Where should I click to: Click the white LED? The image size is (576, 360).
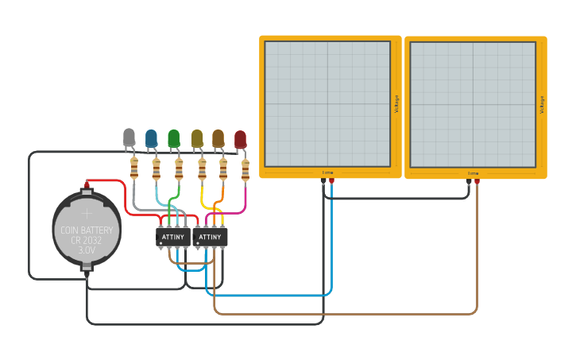click(130, 137)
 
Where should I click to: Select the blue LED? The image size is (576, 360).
click(151, 138)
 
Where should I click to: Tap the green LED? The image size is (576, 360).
click(174, 138)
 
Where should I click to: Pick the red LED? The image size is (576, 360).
click(240, 139)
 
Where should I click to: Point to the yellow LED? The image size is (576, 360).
click(197, 138)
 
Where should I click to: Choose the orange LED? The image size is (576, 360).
click(218, 138)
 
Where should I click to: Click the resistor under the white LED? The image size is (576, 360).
click(133, 168)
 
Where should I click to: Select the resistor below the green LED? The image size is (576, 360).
click(179, 168)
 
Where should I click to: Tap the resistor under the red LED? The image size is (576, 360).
click(245, 169)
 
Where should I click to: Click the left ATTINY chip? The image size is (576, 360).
click(173, 237)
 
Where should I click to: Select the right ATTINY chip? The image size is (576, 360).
click(210, 237)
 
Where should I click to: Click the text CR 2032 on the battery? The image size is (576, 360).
click(87, 240)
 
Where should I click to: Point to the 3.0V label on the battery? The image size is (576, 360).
click(87, 250)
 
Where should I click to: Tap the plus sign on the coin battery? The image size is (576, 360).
click(87, 212)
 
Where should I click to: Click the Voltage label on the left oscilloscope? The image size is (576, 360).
click(396, 103)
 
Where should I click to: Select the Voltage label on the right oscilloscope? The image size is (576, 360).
click(542, 103)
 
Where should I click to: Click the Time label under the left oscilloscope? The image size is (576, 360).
click(327, 172)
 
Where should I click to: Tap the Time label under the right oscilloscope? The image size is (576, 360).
click(473, 172)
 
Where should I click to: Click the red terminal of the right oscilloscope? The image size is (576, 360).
click(477, 182)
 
